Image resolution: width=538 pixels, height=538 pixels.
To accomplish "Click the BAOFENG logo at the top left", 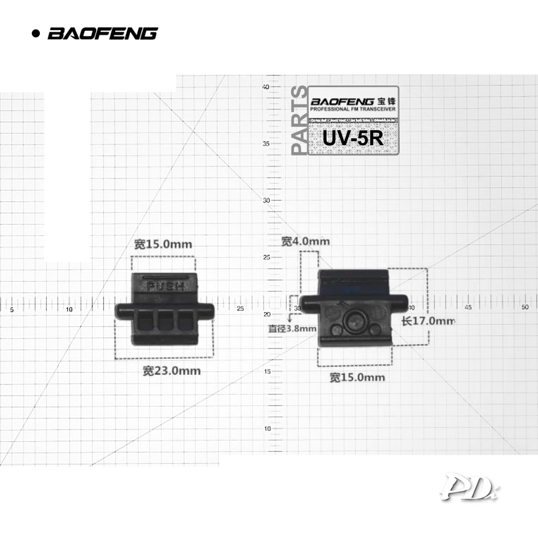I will (102, 33).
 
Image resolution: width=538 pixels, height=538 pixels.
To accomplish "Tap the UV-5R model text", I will (353, 137).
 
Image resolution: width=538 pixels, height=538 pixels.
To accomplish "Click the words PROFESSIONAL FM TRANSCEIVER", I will (353, 109).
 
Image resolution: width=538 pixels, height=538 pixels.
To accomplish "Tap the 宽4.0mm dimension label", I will (306, 242).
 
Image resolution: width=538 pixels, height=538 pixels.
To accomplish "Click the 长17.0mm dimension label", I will (428, 321).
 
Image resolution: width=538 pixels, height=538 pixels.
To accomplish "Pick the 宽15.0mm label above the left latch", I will (163, 244).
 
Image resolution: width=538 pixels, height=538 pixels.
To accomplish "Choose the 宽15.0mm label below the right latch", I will (357, 378).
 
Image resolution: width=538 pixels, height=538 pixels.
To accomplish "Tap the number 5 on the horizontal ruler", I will (11, 309).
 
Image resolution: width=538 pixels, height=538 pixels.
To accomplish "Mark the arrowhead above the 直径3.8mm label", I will (291, 320).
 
